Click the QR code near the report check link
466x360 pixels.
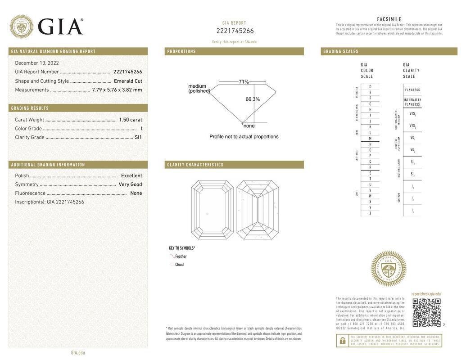point(426,312)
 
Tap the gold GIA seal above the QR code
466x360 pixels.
point(389,269)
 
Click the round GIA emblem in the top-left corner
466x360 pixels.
point(21,27)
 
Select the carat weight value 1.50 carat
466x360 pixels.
point(130,120)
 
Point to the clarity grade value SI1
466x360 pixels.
point(138,137)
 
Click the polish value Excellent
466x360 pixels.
point(131,175)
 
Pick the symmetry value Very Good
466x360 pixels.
point(130,184)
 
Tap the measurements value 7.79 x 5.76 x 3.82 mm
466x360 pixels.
point(117,90)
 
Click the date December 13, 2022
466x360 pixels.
point(37,63)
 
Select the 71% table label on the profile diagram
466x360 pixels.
point(244,82)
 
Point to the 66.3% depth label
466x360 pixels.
point(253,99)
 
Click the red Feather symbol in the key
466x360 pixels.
point(172,256)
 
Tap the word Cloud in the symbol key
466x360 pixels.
point(179,265)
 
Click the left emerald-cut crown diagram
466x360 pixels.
point(212,210)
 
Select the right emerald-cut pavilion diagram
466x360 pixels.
point(258,210)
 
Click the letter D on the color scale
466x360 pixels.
point(370,86)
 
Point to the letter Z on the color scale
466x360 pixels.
point(370,213)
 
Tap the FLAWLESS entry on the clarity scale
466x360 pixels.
point(412,90)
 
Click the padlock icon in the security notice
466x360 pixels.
point(343,341)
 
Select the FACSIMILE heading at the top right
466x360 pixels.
point(389,19)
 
